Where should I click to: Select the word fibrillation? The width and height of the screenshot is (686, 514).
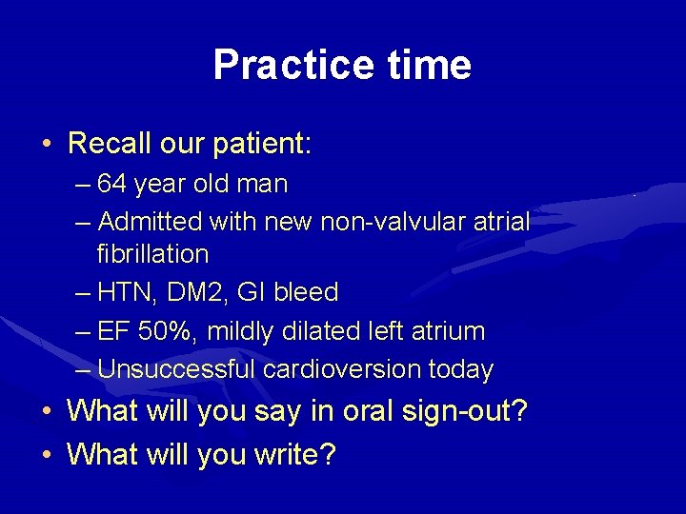152,254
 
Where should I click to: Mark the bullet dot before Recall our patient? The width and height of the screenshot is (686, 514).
47,145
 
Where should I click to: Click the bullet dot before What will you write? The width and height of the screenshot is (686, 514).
47,454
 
